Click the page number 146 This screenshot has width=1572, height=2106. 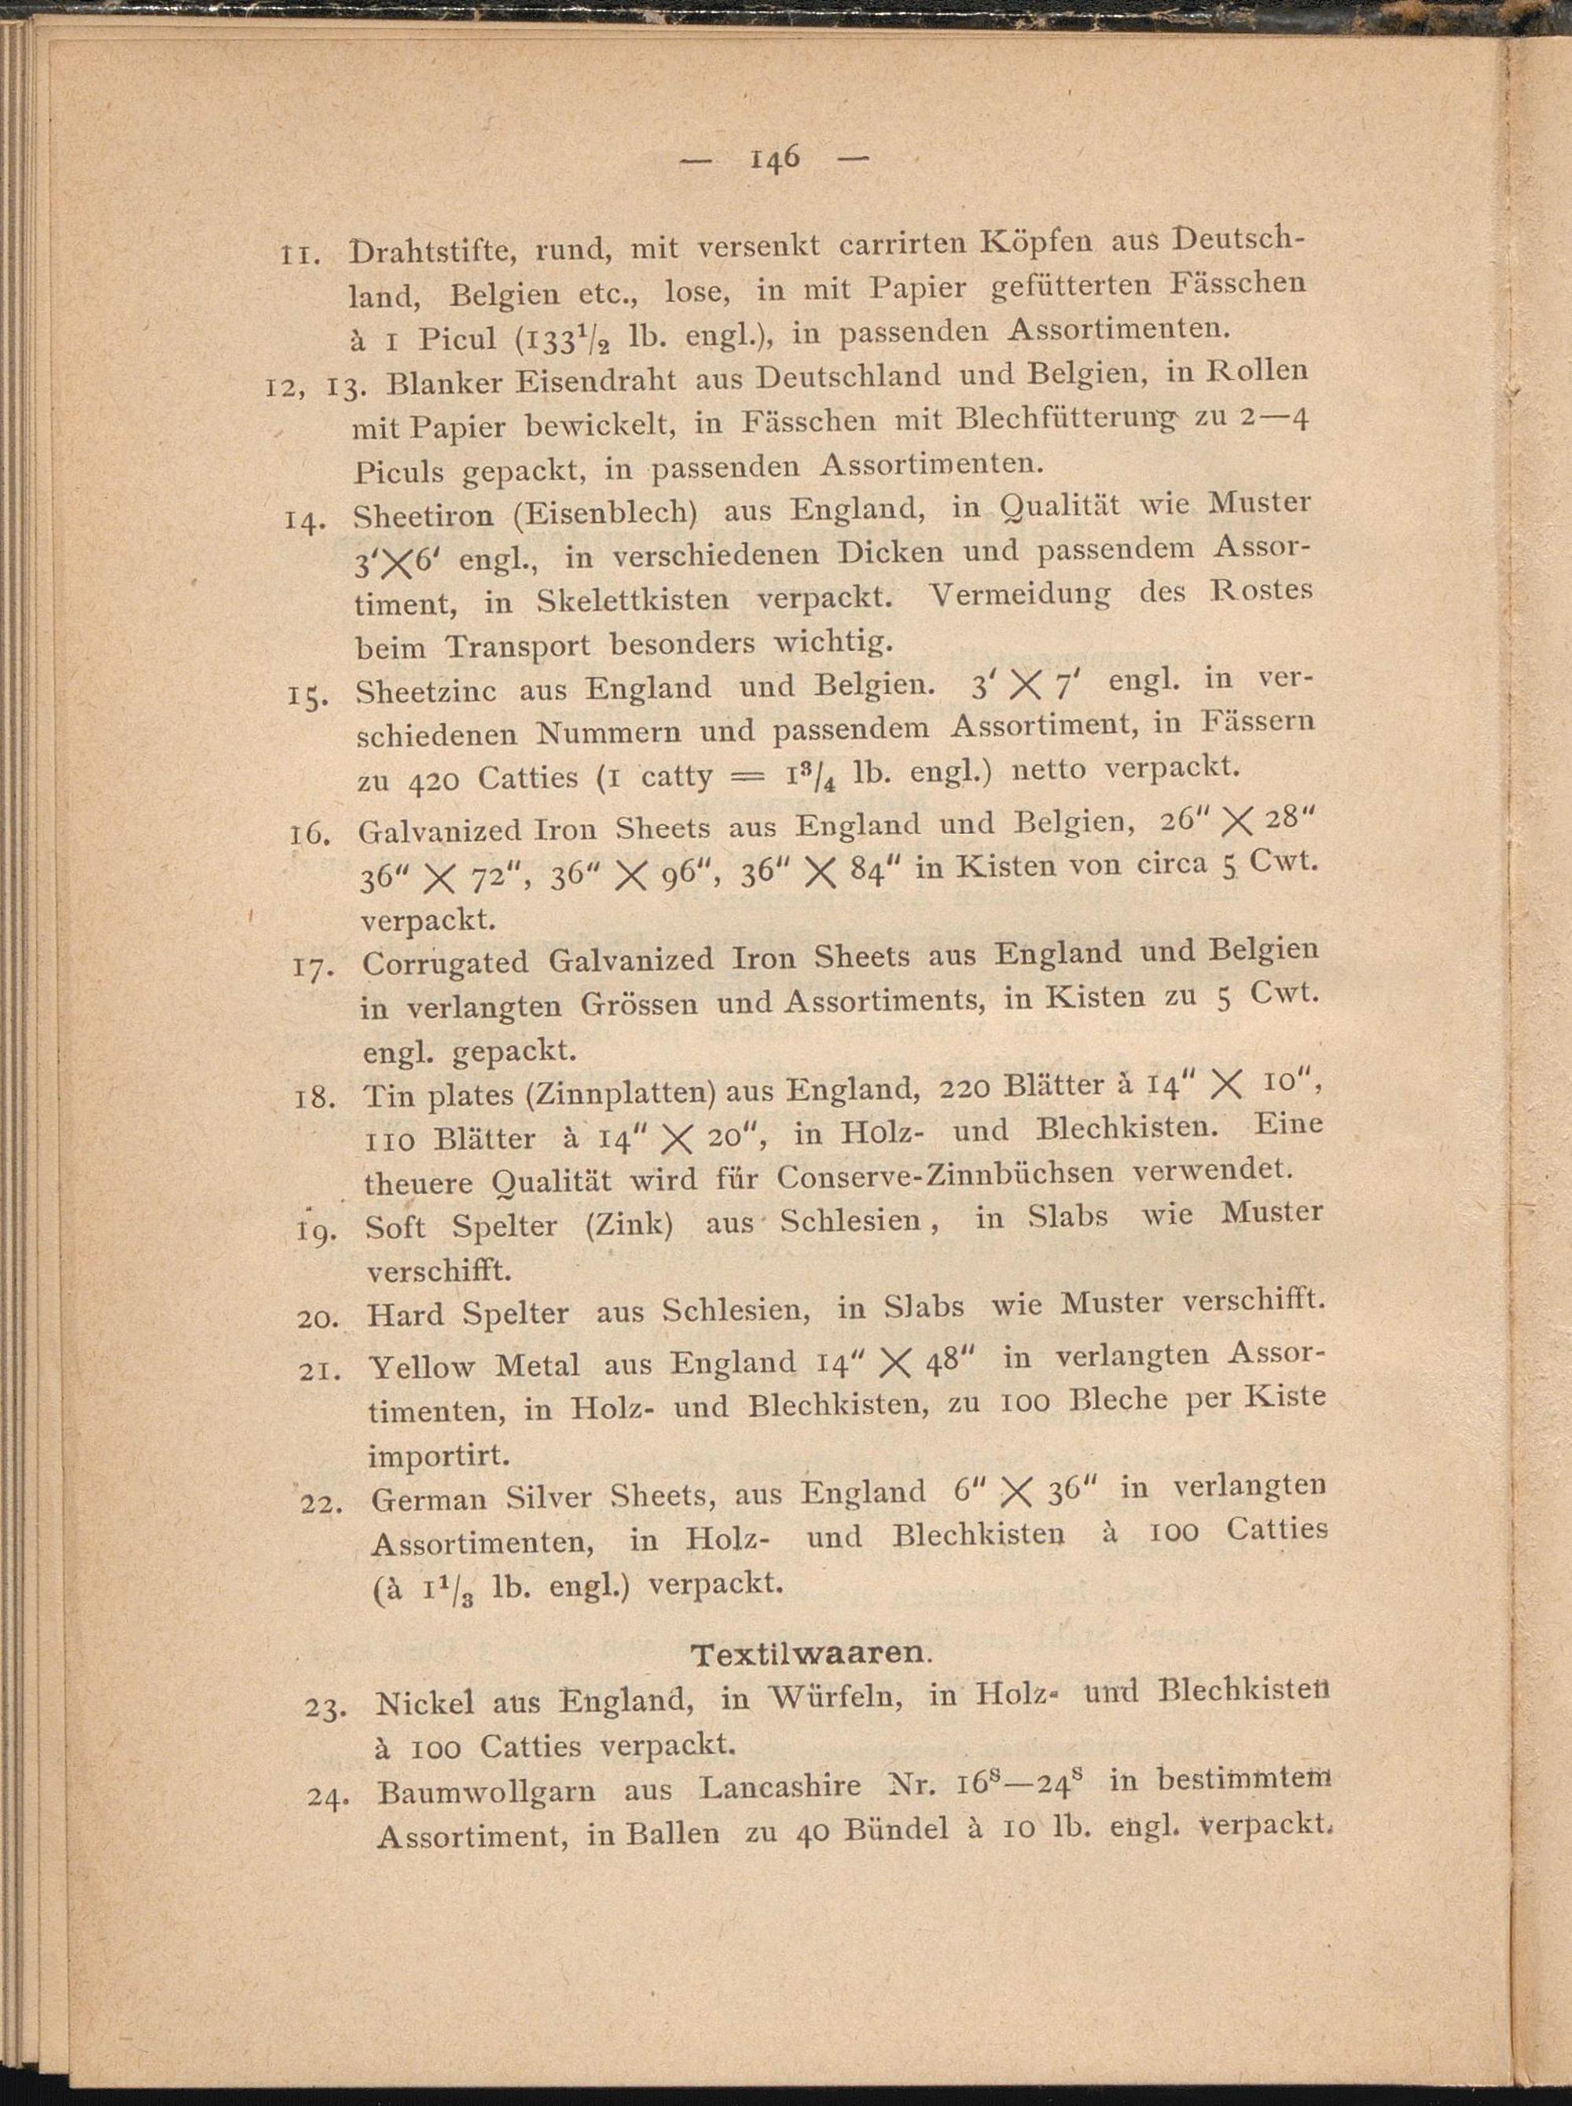coord(774,158)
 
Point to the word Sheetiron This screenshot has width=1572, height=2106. coord(423,516)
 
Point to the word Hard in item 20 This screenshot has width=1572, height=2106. coord(401,1316)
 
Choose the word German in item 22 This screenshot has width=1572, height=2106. coord(428,1500)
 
